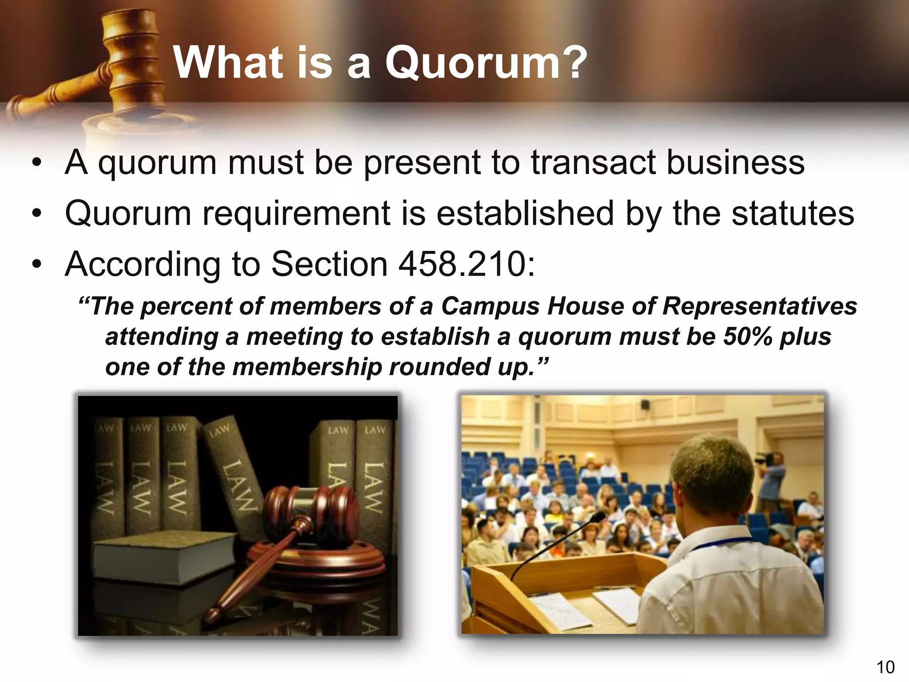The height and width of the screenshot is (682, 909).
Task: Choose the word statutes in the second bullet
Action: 792,214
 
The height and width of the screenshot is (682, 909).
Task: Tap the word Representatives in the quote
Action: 759,306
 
